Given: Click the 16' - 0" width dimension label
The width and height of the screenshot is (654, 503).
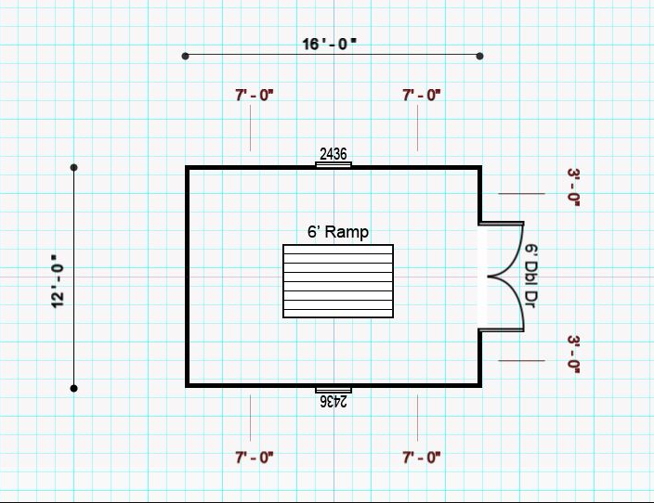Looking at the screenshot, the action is click(329, 44).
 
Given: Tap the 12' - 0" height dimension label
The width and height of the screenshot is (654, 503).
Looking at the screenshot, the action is click(59, 281).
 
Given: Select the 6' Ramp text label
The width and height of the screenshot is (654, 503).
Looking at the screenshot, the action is click(338, 232).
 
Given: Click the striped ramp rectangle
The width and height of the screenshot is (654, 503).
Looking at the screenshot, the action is click(338, 281).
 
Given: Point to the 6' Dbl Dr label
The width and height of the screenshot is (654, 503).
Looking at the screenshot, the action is click(530, 276).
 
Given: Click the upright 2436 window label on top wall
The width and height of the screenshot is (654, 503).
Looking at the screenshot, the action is click(334, 154).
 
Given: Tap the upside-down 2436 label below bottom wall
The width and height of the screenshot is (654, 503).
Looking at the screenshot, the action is click(334, 401).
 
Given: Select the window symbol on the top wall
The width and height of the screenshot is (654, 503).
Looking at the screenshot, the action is click(334, 164).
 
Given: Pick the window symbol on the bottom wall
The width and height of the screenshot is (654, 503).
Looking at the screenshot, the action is click(334, 390).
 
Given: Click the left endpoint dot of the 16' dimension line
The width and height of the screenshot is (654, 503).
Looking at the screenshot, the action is click(186, 56).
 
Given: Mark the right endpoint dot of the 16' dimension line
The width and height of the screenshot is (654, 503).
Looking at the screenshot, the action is click(479, 56).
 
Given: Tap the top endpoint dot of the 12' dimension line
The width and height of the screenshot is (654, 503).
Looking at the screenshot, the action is click(73, 168).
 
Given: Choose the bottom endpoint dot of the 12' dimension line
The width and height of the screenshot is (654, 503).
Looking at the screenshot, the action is click(73, 389).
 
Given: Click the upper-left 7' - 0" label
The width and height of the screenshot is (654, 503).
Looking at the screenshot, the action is click(254, 96).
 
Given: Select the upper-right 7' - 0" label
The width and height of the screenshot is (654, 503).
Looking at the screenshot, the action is click(421, 96).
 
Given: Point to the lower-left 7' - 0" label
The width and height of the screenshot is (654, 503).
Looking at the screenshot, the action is click(254, 458).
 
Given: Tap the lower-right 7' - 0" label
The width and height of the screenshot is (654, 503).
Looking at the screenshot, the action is click(421, 458).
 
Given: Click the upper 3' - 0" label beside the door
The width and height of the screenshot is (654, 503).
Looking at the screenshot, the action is click(573, 187).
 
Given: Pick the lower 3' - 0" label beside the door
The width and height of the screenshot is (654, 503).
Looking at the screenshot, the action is click(573, 355).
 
